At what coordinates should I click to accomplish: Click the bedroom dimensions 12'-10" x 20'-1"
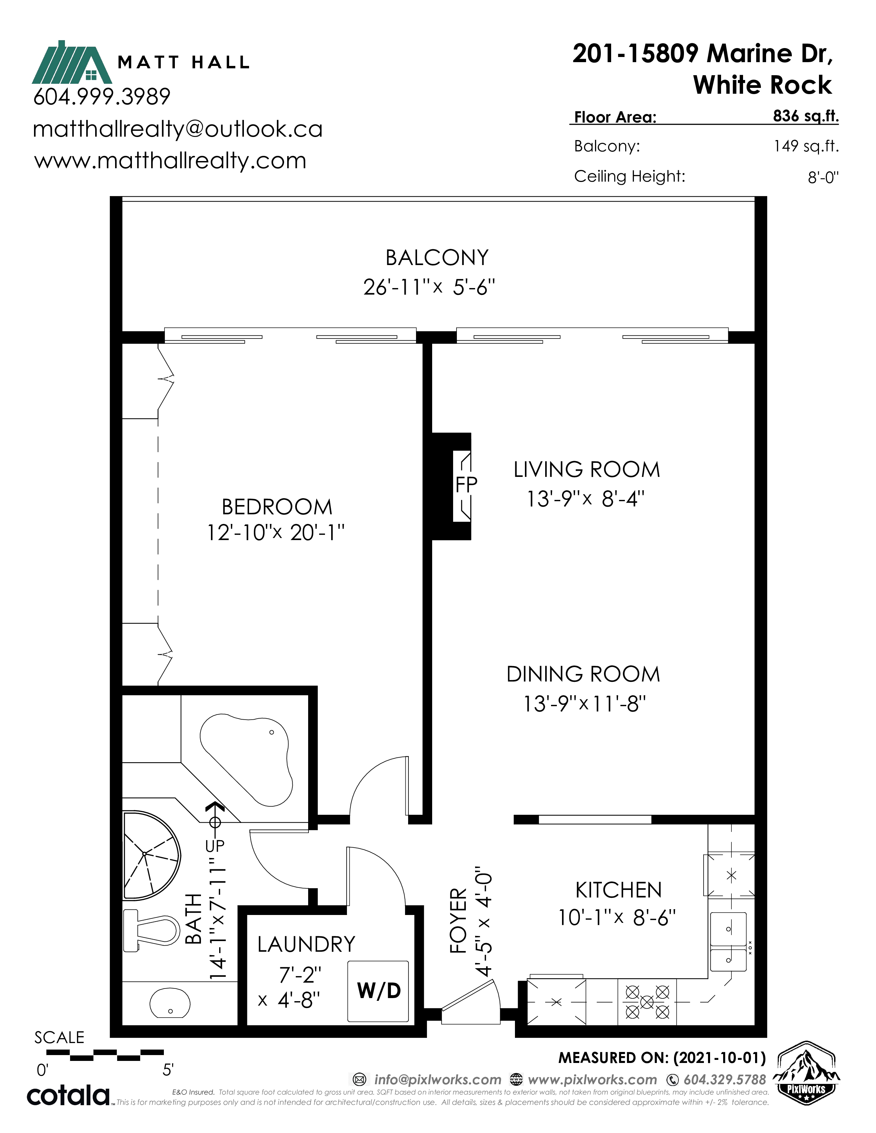276,532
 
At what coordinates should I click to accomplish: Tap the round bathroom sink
170,1002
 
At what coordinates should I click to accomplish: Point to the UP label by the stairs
215,846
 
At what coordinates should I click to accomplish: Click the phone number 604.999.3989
102,96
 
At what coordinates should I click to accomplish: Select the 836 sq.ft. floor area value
806,116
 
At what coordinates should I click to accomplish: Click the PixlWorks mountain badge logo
806,1073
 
